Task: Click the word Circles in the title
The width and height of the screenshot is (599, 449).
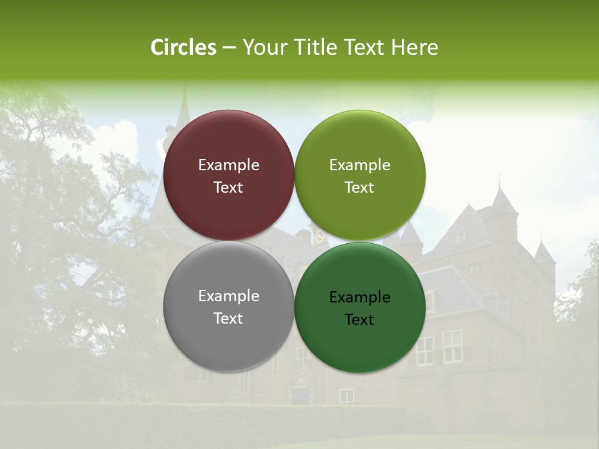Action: [x=183, y=47]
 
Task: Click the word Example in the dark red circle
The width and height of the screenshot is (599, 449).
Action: [x=228, y=165]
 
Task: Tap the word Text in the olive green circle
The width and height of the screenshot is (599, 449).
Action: [x=359, y=188]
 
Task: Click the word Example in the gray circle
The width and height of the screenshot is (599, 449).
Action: [x=228, y=296]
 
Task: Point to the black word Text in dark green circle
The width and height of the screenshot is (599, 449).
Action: [x=359, y=320]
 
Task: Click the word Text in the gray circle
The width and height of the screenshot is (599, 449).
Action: [x=228, y=319]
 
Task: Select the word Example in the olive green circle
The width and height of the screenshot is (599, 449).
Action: [x=359, y=165]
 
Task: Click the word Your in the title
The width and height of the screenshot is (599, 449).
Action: [x=261, y=47]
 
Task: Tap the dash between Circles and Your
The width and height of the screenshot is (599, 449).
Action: [x=229, y=48]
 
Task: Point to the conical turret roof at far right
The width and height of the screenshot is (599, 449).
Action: [x=543, y=253]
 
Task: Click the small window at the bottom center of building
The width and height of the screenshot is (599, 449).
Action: [x=346, y=395]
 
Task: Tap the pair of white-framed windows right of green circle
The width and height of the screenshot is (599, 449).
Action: [x=439, y=347]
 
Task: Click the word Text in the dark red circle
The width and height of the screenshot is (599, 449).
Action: [x=228, y=188]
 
